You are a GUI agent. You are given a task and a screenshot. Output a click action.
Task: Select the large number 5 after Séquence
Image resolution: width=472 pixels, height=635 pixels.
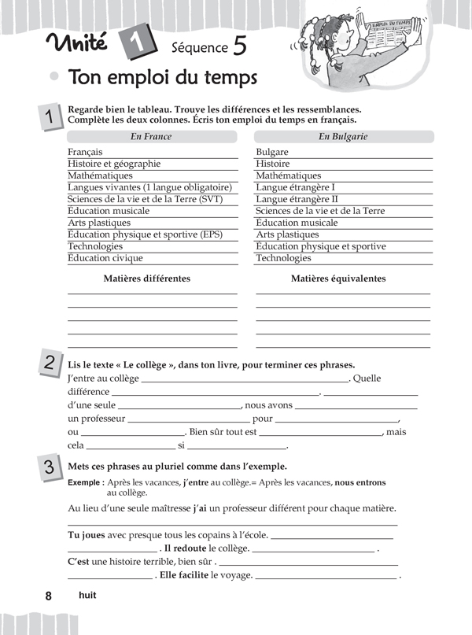click(239, 46)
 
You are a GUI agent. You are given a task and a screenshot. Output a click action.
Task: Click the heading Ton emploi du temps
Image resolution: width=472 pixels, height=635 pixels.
click(163, 79)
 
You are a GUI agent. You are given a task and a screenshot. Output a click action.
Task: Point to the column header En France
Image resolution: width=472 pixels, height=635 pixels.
click(151, 136)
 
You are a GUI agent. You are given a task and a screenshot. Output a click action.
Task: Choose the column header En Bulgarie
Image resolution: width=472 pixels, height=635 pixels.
click(343, 136)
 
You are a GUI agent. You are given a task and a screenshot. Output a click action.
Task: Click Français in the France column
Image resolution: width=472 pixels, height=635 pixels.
click(85, 152)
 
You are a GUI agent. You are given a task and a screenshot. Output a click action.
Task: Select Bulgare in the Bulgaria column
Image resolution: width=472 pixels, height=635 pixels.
click(272, 152)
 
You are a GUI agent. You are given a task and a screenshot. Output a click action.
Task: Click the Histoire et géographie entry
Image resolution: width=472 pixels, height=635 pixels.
click(114, 164)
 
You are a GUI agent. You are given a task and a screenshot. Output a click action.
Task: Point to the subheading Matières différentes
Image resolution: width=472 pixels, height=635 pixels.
click(147, 279)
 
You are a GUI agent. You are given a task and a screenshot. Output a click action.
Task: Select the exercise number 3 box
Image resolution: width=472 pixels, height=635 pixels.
click(49, 467)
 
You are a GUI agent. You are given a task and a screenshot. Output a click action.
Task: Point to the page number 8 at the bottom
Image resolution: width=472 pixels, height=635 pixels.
click(49, 596)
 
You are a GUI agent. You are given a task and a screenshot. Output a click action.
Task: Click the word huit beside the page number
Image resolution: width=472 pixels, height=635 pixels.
click(87, 596)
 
